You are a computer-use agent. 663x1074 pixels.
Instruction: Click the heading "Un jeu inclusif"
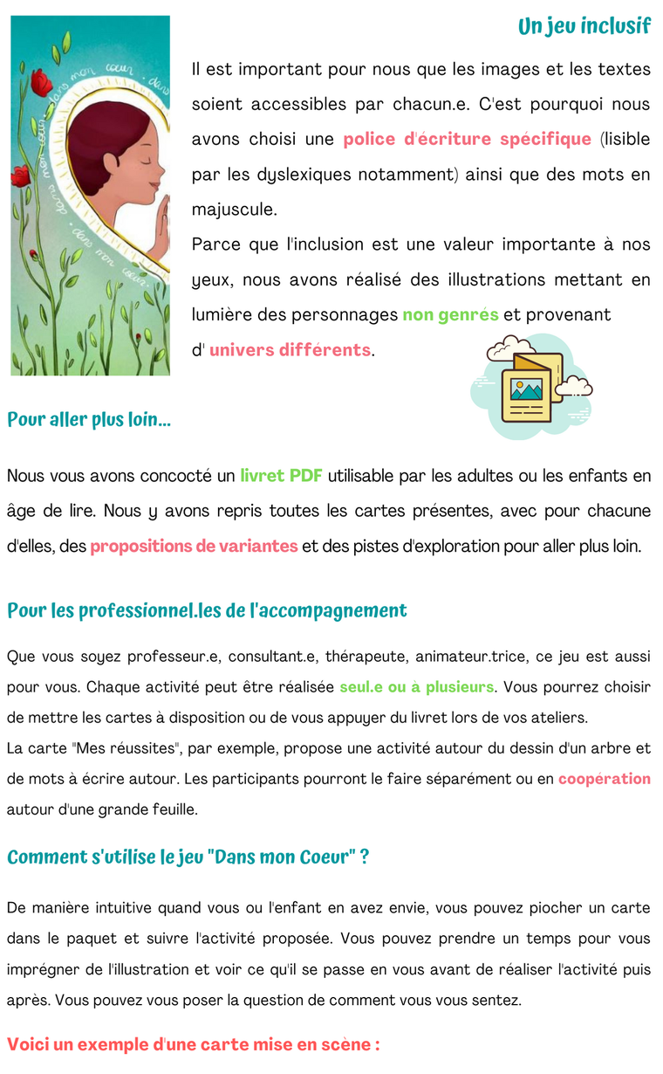pyautogui.click(x=584, y=26)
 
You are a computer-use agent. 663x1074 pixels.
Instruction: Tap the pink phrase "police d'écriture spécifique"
pyautogui.click(x=467, y=140)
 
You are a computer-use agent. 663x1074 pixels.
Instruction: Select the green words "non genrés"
pyautogui.click(x=450, y=314)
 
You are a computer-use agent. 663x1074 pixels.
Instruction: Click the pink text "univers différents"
pyautogui.click(x=290, y=350)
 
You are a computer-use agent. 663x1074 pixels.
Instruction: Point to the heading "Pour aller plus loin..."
pyautogui.click(x=89, y=420)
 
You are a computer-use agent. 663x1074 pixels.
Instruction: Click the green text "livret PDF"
pyautogui.click(x=281, y=476)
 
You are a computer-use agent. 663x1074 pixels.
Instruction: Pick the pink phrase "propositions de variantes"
pyautogui.click(x=194, y=547)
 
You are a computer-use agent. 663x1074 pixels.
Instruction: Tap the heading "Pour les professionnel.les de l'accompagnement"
pyautogui.click(x=207, y=610)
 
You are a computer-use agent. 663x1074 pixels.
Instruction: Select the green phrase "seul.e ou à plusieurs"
pyautogui.click(x=416, y=687)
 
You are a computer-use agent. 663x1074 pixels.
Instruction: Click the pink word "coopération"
pyautogui.click(x=605, y=778)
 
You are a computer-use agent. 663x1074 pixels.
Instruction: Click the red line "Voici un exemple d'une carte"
pyautogui.click(x=193, y=1044)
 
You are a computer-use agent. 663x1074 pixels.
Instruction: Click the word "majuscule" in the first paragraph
pyautogui.click(x=233, y=210)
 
